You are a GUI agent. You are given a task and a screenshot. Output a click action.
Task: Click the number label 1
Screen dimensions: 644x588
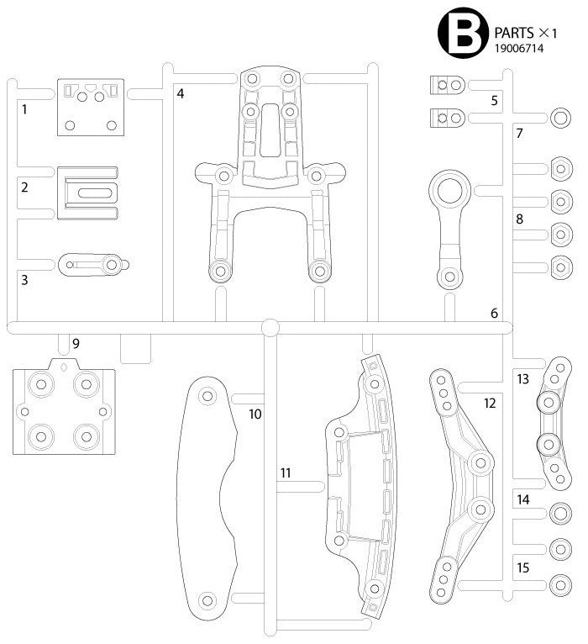tap(24, 108)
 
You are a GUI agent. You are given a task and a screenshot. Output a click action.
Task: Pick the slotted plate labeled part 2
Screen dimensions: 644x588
tap(87, 193)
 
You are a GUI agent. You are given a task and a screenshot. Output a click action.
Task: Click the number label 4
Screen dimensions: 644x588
tap(180, 92)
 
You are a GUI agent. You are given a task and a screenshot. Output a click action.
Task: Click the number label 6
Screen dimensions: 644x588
tap(494, 313)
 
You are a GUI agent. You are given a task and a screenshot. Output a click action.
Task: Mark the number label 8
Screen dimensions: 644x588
tap(519, 219)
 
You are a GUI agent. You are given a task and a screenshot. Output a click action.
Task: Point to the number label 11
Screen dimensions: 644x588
tap(286, 473)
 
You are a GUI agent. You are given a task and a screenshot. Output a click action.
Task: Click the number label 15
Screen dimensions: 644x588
tap(522, 568)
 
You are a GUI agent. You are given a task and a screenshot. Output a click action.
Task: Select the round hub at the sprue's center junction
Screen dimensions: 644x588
tap(270, 327)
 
